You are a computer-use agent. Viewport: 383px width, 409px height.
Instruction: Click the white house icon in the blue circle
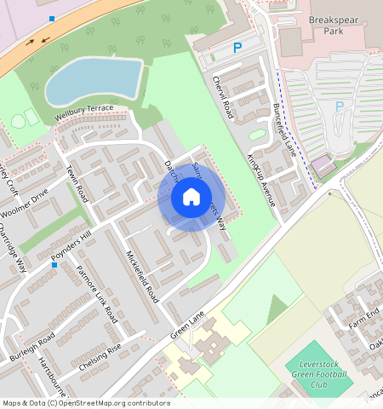tap(191, 198)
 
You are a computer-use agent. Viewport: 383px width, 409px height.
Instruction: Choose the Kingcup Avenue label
tap(261, 180)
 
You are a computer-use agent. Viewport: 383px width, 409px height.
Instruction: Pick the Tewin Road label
tap(77, 183)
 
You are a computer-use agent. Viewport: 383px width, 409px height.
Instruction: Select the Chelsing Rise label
tap(100, 357)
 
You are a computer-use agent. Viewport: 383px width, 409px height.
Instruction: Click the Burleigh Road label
tap(33, 345)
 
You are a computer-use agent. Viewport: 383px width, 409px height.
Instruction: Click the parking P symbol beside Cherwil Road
tap(237, 49)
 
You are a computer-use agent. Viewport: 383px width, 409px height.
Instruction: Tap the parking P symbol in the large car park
tap(340, 107)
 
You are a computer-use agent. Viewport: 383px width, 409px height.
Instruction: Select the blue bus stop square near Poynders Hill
tap(54, 265)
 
